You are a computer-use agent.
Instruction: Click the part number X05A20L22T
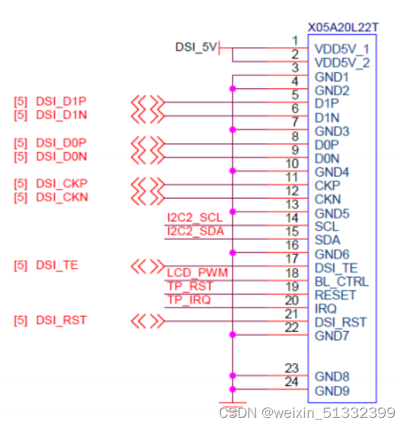[343, 27]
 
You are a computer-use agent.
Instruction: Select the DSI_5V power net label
[196, 48]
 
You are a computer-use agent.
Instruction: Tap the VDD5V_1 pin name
[341, 49]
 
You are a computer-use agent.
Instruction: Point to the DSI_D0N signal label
[61, 156]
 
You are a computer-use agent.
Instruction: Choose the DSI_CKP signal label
[61, 183]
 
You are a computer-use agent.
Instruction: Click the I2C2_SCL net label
[195, 218]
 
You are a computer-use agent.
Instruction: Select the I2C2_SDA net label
[195, 231]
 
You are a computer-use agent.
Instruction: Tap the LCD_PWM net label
[197, 272]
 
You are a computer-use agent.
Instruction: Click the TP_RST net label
[190, 286]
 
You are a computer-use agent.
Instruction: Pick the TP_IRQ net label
[189, 300]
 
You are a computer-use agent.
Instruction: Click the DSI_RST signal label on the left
[61, 320]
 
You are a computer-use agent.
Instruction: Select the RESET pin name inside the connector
[335, 295]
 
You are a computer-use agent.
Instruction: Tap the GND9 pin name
[332, 391]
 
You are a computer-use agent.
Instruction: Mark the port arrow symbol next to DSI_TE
[148, 266]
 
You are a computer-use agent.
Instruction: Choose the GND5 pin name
[332, 213]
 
